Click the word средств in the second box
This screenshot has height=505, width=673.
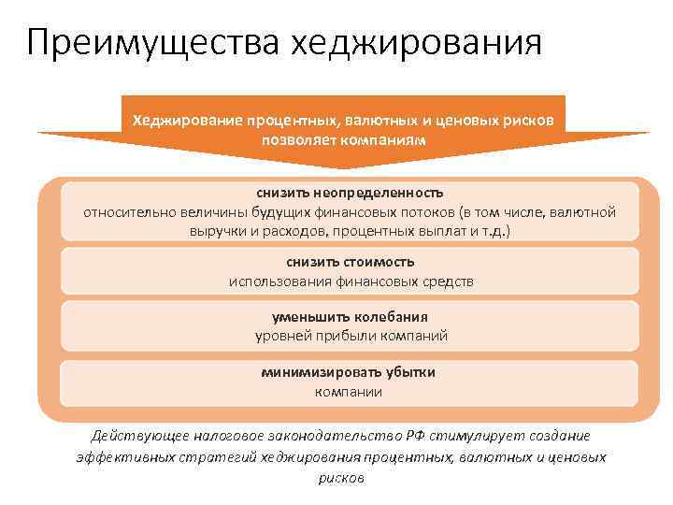pyautogui.click(x=447, y=281)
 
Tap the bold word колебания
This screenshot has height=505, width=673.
pyautogui.click(x=388, y=317)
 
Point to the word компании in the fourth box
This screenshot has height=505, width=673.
pyautogui.click(x=348, y=391)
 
